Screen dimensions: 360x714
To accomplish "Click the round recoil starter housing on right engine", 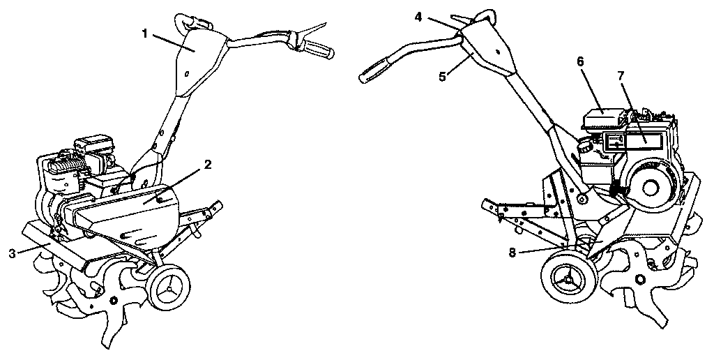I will click(x=655, y=187).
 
